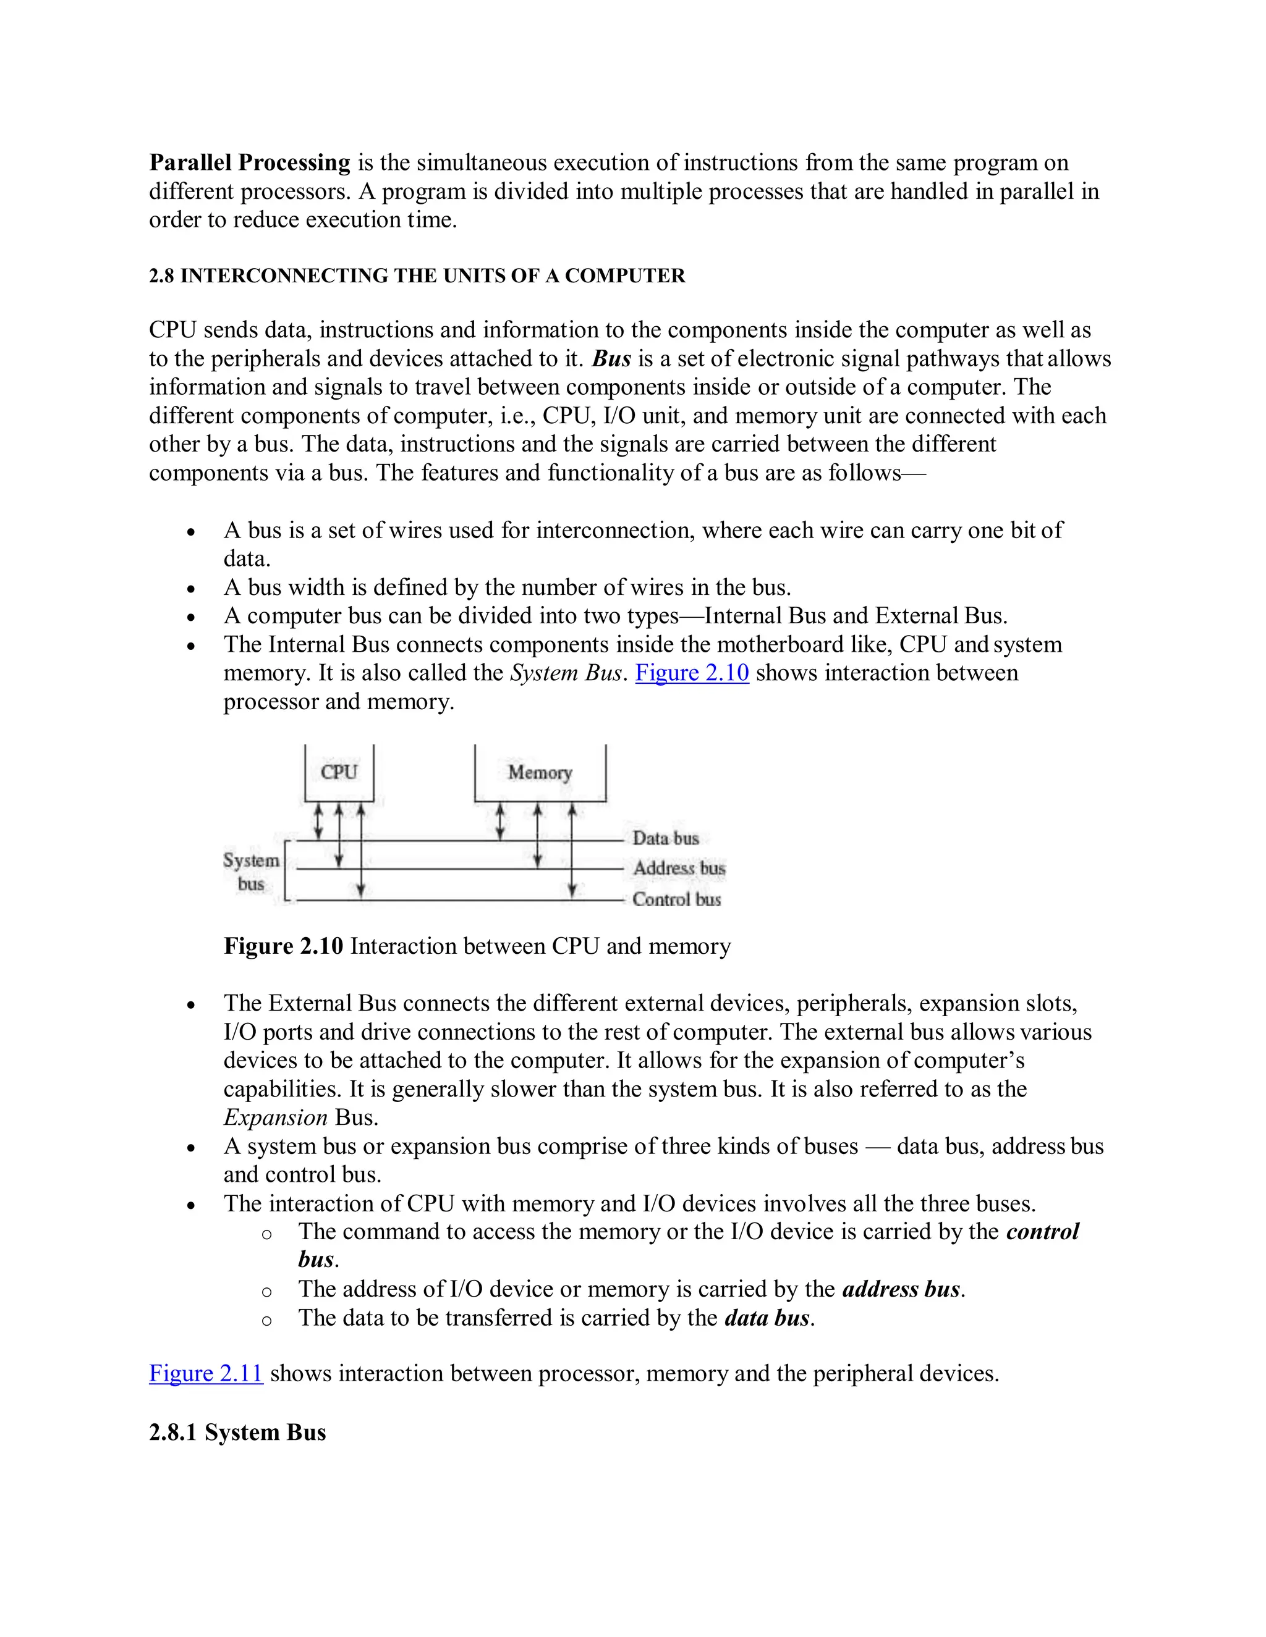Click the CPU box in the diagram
pos(339,772)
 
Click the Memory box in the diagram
pos(540,772)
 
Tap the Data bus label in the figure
pos(665,838)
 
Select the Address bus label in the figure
pos(679,868)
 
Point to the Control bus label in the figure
pos(676,899)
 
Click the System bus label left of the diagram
pos(250,872)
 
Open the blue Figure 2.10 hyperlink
pos(692,672)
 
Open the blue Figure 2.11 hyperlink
pos(205,1373)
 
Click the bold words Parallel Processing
pos(250,162)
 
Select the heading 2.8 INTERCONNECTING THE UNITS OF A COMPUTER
pos(417,276)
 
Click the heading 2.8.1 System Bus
pos(237,1432)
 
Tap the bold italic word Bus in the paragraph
pos(611,358)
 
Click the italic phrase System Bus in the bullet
pos(566,672)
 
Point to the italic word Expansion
pos(275,1117)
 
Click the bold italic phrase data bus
pos(767,1317)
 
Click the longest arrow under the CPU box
pos(361,850)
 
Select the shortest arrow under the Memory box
pos(501,822)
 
